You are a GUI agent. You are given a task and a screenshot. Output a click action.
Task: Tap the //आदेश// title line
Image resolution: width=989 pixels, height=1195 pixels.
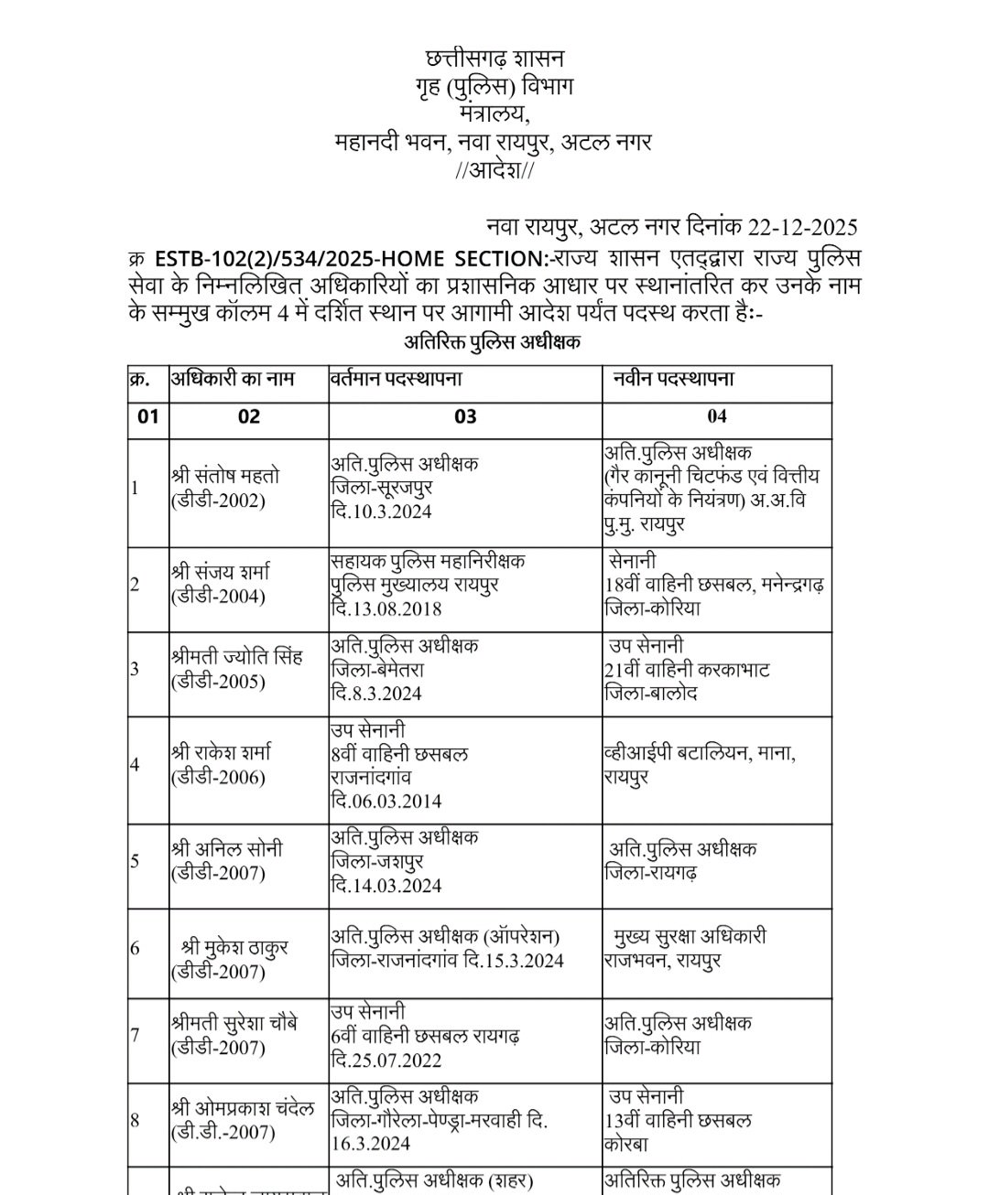tap(494, 171)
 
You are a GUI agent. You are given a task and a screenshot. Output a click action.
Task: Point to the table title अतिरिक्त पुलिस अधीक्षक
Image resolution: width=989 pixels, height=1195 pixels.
tap(493, 343)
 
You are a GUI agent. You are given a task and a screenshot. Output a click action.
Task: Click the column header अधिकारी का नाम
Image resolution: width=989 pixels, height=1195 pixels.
tap(234, 378)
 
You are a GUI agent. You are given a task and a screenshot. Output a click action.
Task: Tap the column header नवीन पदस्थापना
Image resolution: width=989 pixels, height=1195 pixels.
tap(674, 378)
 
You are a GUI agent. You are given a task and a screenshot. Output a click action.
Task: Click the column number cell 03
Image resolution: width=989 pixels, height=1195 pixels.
tap(465, 417)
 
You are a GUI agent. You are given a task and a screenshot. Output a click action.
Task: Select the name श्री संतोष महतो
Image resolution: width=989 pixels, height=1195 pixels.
tap(225, 476)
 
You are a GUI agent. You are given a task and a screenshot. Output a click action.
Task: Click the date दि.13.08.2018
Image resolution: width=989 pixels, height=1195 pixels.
tap(386, 608)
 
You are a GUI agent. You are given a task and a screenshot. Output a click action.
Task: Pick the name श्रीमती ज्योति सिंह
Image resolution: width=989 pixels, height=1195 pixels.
tap(236, 657)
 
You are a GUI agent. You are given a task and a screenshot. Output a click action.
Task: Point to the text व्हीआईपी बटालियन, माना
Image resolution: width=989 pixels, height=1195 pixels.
tap(700, 754)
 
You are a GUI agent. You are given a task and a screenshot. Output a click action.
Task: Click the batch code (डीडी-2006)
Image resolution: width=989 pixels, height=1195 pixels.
tap(218, 778)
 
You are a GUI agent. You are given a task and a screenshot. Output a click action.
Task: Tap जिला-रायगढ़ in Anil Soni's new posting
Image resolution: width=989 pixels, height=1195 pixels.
tap(651, 873)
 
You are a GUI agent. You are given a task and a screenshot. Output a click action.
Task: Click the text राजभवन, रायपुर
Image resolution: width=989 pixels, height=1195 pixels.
tap(662, 961)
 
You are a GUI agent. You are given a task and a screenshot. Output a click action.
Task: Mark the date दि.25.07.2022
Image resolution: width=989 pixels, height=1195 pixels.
tap(386, 1060)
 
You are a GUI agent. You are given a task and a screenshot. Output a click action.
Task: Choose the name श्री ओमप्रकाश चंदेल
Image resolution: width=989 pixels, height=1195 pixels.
tap(243, 1108)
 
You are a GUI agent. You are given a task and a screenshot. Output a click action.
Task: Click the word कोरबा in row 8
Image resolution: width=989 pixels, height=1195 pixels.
tap(626, 1144)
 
